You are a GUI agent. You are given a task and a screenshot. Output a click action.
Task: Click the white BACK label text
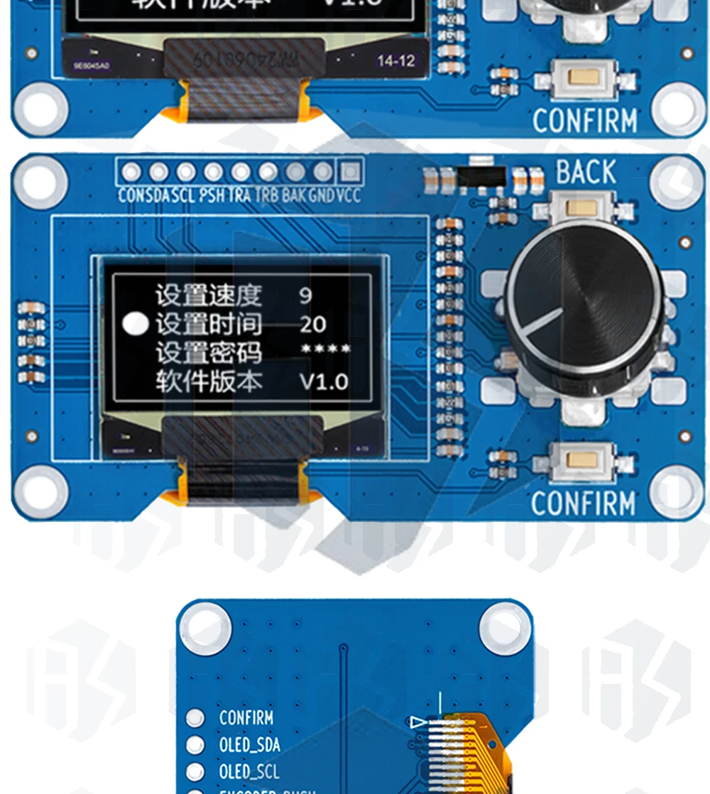(x=586, y=173)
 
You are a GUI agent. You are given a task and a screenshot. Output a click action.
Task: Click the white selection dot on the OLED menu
(x=136, y=324)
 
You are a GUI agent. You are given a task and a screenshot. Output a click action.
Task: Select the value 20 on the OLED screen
(x=312, y=325)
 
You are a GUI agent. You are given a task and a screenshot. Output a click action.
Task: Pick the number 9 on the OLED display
(x=305, y=295)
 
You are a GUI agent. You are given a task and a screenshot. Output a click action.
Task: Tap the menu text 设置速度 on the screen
(x=209, y=295)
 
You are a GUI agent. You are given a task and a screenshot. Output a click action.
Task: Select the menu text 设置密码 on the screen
(x=209, y=353)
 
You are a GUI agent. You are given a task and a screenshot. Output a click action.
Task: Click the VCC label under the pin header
(x=349, y=195)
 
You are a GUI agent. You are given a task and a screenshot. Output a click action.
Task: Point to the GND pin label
(x=322, y=195)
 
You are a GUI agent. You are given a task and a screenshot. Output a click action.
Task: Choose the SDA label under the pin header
(x=157, y=195)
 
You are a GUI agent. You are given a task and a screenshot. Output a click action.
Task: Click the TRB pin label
(x=266, y=195)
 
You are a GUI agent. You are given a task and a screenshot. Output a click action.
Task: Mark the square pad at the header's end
(x=349, y=172)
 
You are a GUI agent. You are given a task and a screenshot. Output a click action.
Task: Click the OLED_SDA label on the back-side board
(x=249, y=745)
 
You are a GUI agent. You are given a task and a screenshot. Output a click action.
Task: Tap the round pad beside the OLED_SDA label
(x=195, y=745)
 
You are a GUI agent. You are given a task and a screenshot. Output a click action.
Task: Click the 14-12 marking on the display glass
(x=395, y=61)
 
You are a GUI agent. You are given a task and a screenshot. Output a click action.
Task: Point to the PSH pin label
(x=212, y=195)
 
